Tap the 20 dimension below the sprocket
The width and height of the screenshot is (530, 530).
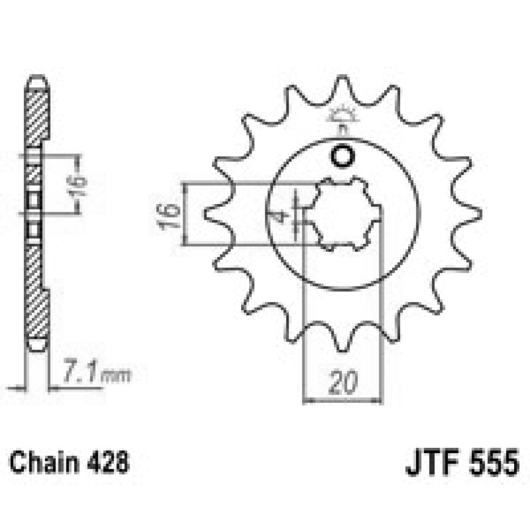(x=343, y=382)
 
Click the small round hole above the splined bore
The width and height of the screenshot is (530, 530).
(x=343, y=157)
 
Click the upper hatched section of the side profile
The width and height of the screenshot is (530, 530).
(x=37, y=116)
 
